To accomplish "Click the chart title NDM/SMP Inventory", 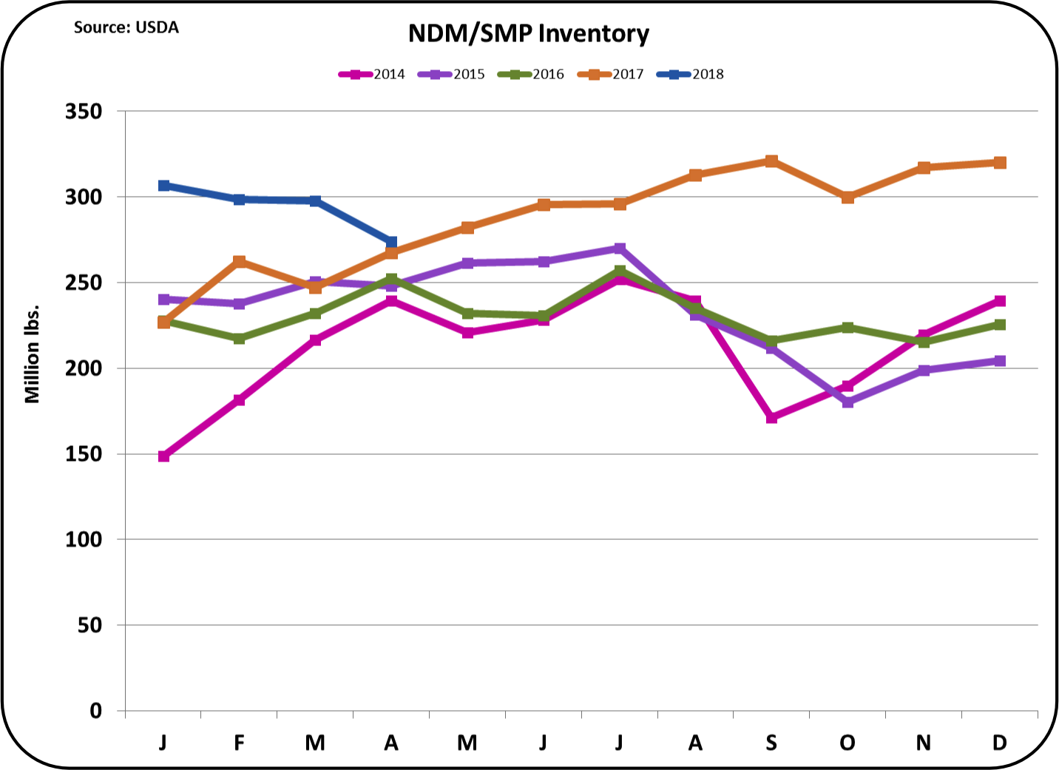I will click(529, 33).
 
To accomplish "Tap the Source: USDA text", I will click(126, 27).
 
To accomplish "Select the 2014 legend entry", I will click(373, 74).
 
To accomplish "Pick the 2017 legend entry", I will click(612, 74).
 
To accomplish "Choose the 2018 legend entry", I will click(691, 74).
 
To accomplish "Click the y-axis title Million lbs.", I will click(32, 354).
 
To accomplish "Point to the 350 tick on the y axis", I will click(83, 112).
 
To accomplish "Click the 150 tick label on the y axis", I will click(83, 454).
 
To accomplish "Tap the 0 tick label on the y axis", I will click(95, 711).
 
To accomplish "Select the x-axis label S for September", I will click(771, 743).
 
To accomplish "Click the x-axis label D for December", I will click(999, 743).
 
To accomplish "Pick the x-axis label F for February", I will click(239, 743).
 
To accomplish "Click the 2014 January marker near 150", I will click(163, 456).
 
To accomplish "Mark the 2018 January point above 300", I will click(163, 185).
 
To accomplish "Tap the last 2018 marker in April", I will click(391, 242).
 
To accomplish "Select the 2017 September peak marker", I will click(771, 161).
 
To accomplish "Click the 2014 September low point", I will click(771, 418).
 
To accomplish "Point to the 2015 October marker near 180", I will click(847, 402).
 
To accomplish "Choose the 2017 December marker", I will click(1000, 163).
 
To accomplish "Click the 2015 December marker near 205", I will click(1000, 361).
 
